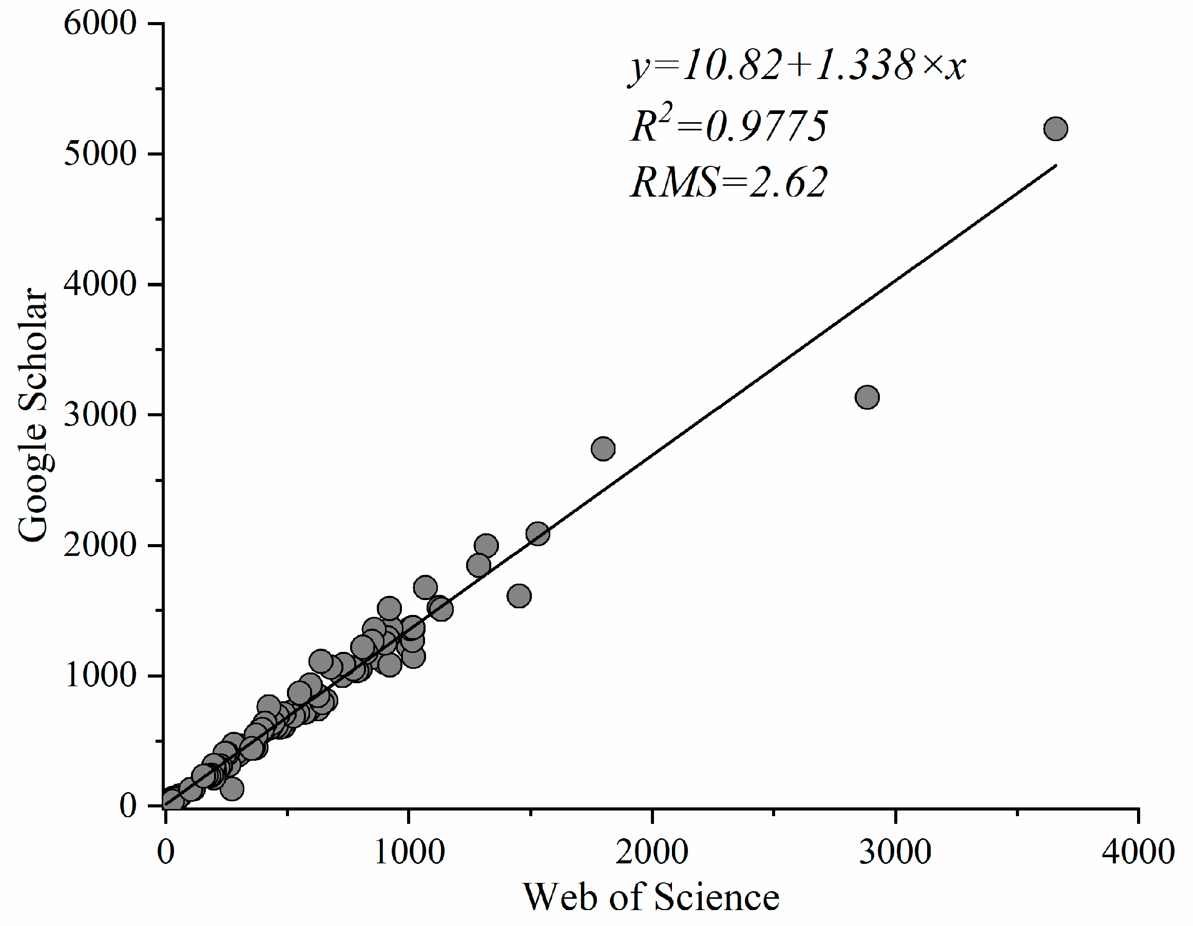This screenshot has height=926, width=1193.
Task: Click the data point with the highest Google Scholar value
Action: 1055,129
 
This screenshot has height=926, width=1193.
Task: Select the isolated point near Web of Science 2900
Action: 867,397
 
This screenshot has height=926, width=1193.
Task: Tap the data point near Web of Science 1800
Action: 603,449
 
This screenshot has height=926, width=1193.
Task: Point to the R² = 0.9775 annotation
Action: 729,126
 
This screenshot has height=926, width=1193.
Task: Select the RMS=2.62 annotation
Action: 729,182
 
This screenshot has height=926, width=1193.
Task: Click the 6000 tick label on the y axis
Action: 100,24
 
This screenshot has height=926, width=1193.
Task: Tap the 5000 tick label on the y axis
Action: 100,153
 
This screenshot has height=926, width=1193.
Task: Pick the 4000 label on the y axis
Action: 100,284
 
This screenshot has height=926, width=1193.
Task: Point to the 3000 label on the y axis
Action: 100,415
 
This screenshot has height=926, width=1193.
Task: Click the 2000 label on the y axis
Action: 100,545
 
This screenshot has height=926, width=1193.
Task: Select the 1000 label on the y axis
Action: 100,675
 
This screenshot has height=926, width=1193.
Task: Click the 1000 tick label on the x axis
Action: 409,852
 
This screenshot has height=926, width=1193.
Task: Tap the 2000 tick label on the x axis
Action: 651,852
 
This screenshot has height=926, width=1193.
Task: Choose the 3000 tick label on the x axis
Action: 895,852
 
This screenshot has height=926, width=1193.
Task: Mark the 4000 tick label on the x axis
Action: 1138,852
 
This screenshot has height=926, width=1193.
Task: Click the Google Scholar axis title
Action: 33,415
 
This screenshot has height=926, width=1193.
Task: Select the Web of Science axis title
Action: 651,898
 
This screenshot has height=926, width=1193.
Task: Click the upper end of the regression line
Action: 1055,165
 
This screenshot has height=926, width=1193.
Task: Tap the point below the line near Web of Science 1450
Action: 519,595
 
